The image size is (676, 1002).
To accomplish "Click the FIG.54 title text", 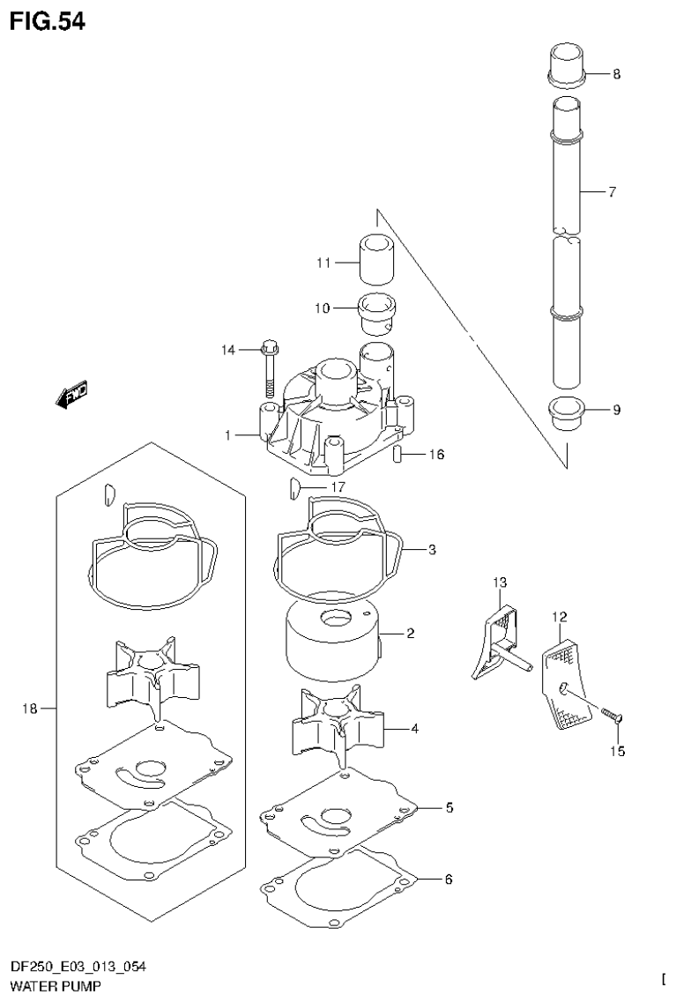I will click(x=48, y=21).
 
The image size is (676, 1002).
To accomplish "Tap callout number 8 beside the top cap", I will click(x=615, y=74).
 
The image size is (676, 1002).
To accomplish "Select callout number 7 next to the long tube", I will click(x=612, y=191).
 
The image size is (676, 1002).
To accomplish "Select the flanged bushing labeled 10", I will click(x=378, y=311).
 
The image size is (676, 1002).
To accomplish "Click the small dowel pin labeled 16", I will click(x=397, y=456).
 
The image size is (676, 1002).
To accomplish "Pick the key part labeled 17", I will click(x=293, y=485).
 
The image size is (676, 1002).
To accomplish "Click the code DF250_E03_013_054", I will click(x=78, y=969).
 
